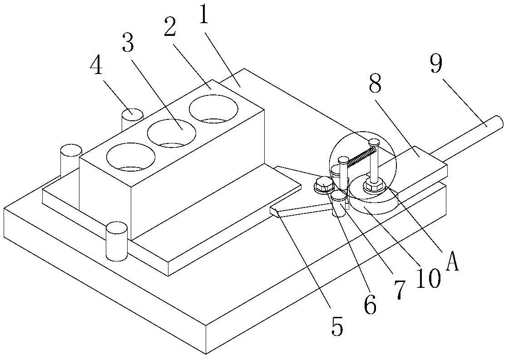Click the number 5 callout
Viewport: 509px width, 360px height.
[337, 326]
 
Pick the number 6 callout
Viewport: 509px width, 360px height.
[370, 305]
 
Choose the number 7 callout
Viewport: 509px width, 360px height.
[400, 289]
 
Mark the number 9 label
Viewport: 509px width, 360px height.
[436, 64]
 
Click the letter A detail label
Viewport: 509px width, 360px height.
[453, 261]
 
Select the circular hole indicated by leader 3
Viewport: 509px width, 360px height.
[172, 133]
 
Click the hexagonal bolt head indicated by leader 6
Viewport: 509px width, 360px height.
[324, 184]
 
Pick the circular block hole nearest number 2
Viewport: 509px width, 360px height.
[213, 109]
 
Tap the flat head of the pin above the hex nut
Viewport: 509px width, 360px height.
[374, 142]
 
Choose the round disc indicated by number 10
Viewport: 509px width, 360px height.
[373, 198]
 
